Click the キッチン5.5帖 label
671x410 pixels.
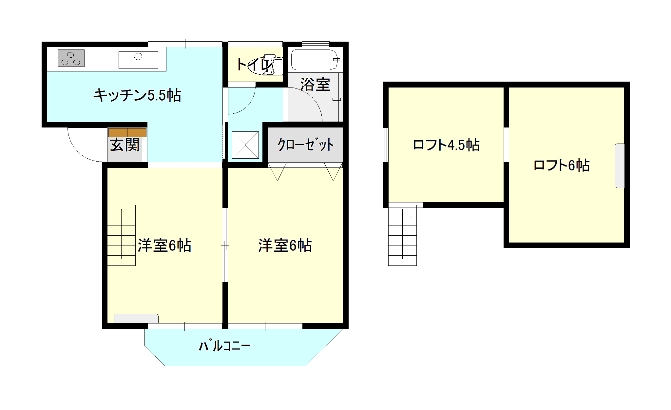click(137, 95)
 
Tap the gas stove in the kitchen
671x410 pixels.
click(71, 58)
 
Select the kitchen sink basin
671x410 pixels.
click(138, 60)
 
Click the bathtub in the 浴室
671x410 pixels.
click(315, 60)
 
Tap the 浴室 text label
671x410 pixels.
click(315, 85)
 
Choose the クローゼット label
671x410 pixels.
click(305, 145)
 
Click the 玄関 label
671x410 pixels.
click(125, 145)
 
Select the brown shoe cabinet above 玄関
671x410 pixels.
click(127, 132)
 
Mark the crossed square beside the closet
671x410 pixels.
click(245, 145)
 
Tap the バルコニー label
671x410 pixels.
click(225, 346)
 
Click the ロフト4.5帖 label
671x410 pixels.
click(446, 145)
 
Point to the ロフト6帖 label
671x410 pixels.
click(562, 165)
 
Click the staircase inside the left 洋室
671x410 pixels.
click(121, 235)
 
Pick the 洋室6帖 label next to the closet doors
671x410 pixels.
click(285, 245)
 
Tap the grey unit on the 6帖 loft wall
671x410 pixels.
click(620, 166)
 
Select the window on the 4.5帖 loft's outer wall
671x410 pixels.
click(386, 145)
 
